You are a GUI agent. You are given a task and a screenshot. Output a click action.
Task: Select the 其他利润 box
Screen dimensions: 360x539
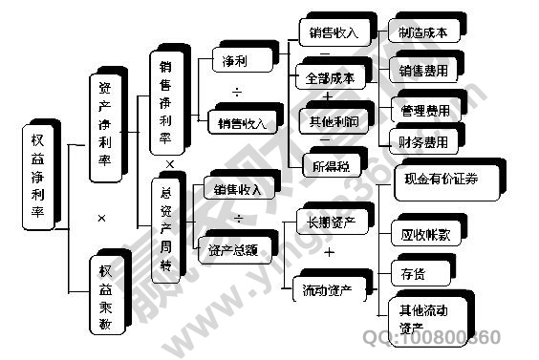click(x=333, y=121)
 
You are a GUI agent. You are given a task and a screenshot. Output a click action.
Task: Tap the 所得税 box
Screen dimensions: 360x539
click(x=330, y=166)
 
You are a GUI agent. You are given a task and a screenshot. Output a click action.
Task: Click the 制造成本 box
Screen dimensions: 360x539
click(x=422, y=32)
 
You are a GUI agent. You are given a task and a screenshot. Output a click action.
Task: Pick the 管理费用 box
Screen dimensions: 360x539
click(x=424, y=111)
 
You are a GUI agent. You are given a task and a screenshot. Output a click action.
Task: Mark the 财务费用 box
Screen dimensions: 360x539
click(x=424, y=143)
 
